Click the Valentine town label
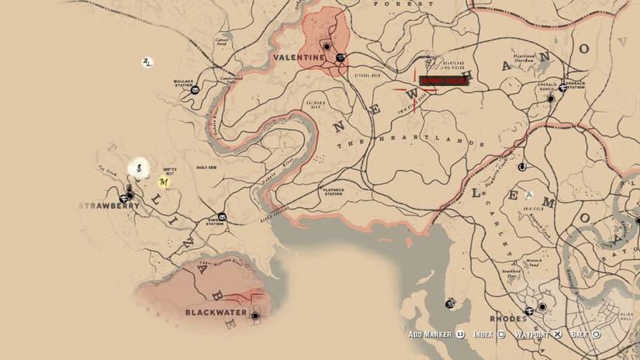299,57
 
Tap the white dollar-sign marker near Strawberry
140,167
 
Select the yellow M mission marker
164,182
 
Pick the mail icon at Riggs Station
222,216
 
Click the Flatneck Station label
333,192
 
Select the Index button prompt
489,334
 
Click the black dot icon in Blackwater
254,315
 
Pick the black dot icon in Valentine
327,47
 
